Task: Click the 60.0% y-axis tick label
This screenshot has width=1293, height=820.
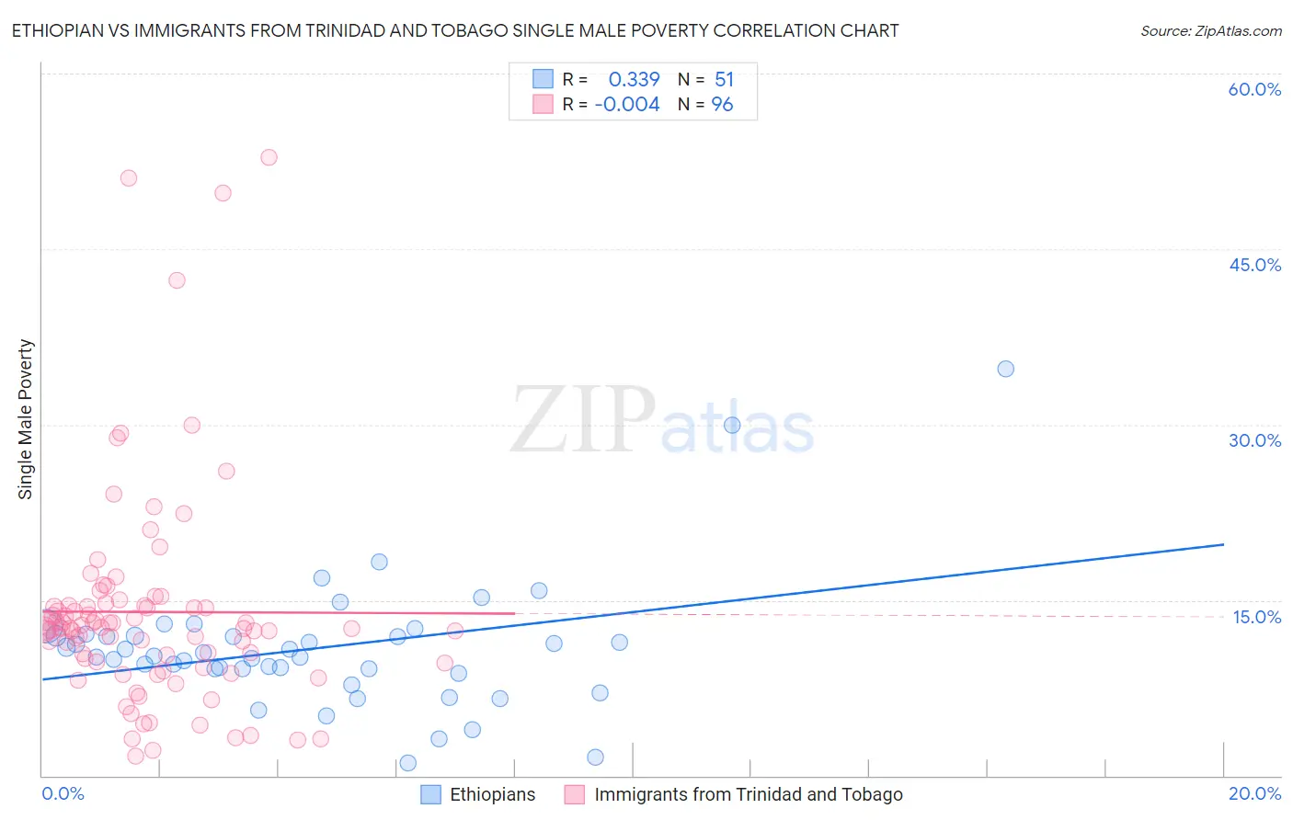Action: (x=1254, y=89)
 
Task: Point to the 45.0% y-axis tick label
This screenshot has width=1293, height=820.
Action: (x=1254, y=265)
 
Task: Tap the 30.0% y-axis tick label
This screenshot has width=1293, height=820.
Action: (x=1254, y=440)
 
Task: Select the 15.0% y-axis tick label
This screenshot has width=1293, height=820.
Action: (x=1256, y=617)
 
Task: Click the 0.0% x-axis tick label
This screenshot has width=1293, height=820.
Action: (x=63, y=793)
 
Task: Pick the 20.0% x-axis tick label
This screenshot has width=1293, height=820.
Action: (x=1254, y=793)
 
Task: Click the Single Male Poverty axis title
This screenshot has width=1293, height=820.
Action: (x=26, y=419)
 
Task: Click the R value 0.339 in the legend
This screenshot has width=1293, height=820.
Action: (x=634, y=80)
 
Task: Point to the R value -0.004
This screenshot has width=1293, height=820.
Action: (x=627, y=105)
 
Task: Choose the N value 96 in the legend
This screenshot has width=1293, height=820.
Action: (x=722, y=105)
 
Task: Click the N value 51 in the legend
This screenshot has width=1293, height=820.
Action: (x=724, y=80)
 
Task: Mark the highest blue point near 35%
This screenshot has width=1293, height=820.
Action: (x=1005, y=369)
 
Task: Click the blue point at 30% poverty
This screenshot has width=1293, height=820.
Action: (x=732, y=425)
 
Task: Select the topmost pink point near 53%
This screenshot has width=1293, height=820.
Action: (x=269, y=157)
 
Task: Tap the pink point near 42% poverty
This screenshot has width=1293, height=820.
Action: (x=177, y=280)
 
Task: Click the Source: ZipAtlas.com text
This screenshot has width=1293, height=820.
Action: (x=1210, y=31)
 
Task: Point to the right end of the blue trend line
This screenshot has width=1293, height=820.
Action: (x=1223, y=544)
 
